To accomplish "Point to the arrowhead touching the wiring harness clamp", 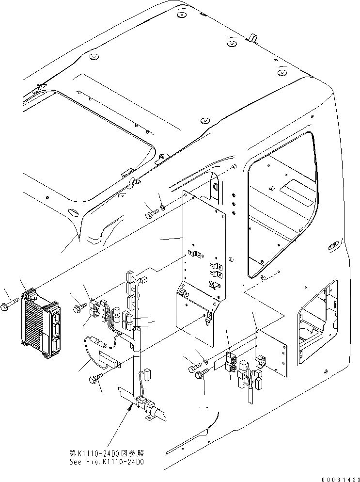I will (129, 408).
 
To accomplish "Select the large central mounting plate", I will (203, 257).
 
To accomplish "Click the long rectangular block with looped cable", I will (110, 359).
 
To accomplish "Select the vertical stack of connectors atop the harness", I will (130, 282).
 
